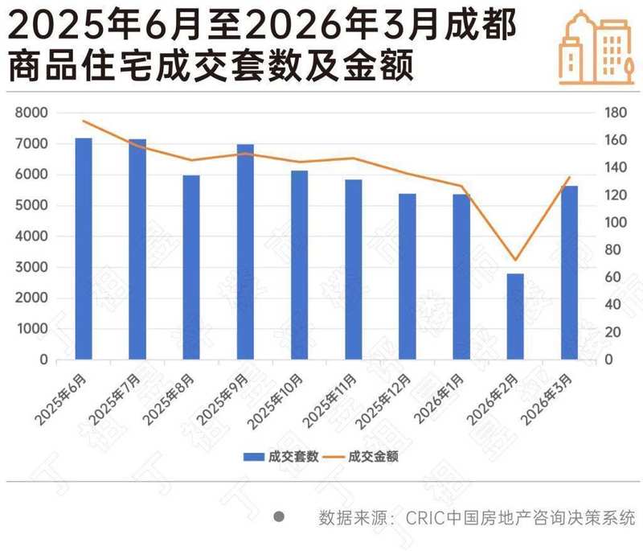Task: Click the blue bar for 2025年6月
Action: tap(84, 249)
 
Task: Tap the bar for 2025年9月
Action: tap(245, 252)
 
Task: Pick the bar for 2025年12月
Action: tap(408, 276)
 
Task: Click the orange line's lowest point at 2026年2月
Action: tap(515, 261)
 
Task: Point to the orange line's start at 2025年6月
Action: tap(84, 121)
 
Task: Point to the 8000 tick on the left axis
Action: tap(32, 113)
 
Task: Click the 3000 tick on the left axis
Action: tap(32, 268)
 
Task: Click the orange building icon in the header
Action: tap(594, 47)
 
